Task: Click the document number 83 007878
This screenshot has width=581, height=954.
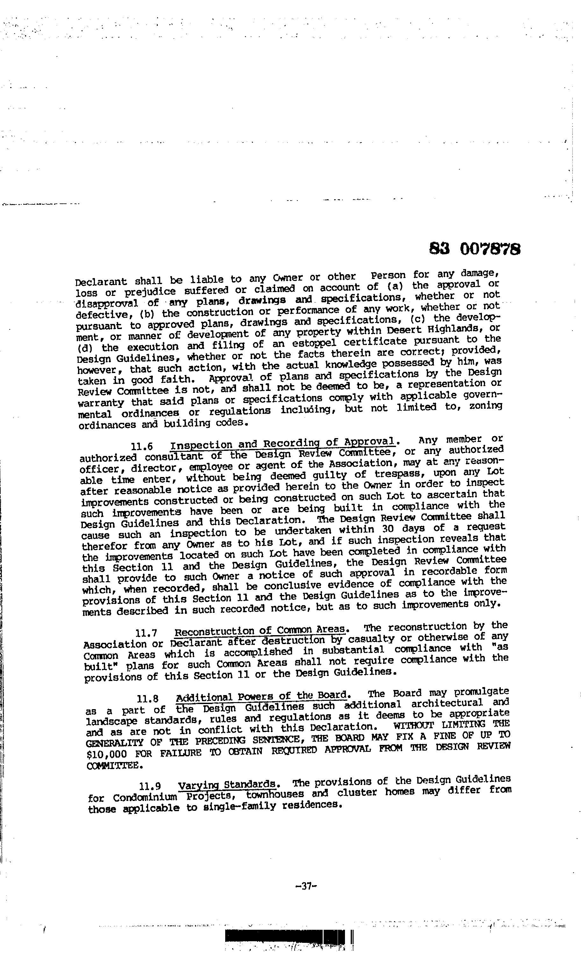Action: click(475, 249)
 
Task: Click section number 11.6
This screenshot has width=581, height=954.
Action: click(142, 446)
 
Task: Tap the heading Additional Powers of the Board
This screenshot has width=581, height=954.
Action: click(261, 696)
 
